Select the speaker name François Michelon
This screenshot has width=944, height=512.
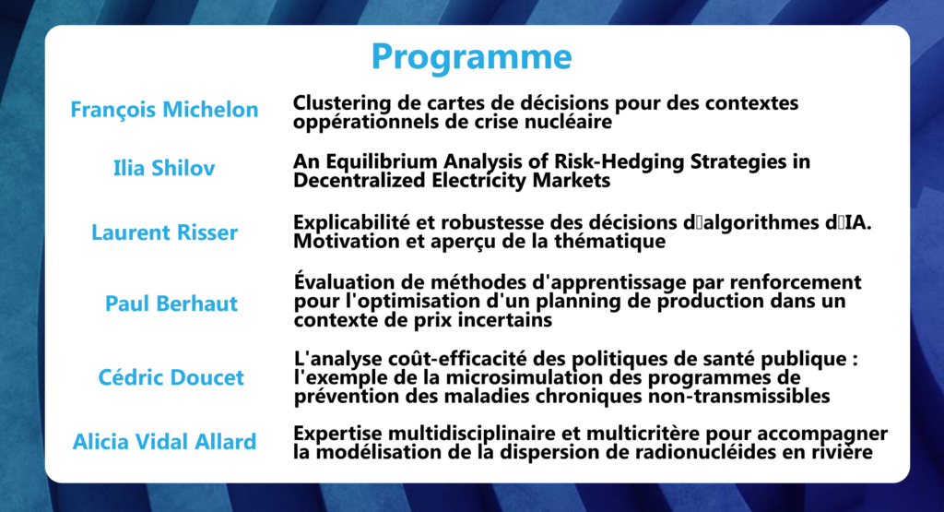(164, 110)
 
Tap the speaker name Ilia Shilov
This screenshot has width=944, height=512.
(164, 168)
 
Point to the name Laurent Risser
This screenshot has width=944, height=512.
(164, 232)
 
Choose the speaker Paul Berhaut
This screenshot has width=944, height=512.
(171, 304)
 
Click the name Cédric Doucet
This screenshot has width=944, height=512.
(171, 377)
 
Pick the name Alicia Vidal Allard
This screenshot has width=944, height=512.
(164, 442)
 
